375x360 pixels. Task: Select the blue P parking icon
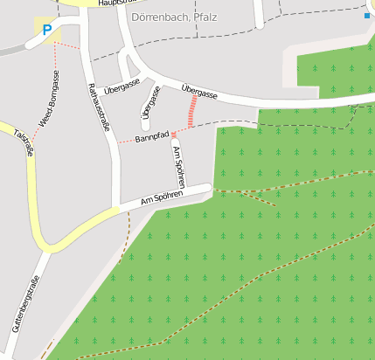(x=46, y=29)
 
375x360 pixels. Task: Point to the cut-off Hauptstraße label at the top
(x=118, y=3)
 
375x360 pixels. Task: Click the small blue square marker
(x=366, y=16)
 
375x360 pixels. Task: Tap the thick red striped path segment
(x=191, y=113)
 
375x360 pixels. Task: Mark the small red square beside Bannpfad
(x=173, y=134)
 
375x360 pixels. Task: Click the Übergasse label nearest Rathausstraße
(x=122, y=87)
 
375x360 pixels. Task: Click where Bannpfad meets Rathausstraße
(x=116, y=142)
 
